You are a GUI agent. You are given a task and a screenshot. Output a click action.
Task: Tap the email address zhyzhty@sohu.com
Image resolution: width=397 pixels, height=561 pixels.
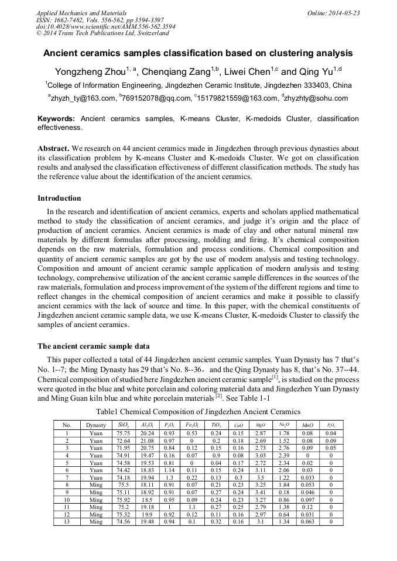[317, 98]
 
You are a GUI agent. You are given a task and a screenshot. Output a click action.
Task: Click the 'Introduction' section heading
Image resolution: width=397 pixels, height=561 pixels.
[59, 198]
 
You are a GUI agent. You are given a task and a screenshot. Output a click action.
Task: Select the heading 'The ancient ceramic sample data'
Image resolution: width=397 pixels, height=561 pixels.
[93, 346]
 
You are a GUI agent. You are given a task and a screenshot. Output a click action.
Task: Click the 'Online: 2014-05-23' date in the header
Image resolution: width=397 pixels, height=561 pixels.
[332, 13]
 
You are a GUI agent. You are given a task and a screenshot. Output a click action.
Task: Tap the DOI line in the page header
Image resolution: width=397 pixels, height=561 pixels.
[105, 26]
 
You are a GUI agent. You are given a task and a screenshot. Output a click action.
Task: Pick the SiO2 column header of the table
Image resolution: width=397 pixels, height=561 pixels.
[123, 425]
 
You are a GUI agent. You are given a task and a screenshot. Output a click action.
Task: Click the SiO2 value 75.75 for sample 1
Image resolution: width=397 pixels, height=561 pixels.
[123, 433]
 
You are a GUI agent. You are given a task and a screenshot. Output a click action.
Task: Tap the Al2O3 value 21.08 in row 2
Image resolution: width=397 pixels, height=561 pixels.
[148, 440]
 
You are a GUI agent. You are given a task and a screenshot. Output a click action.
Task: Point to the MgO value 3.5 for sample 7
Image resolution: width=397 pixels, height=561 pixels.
[261, 477]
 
